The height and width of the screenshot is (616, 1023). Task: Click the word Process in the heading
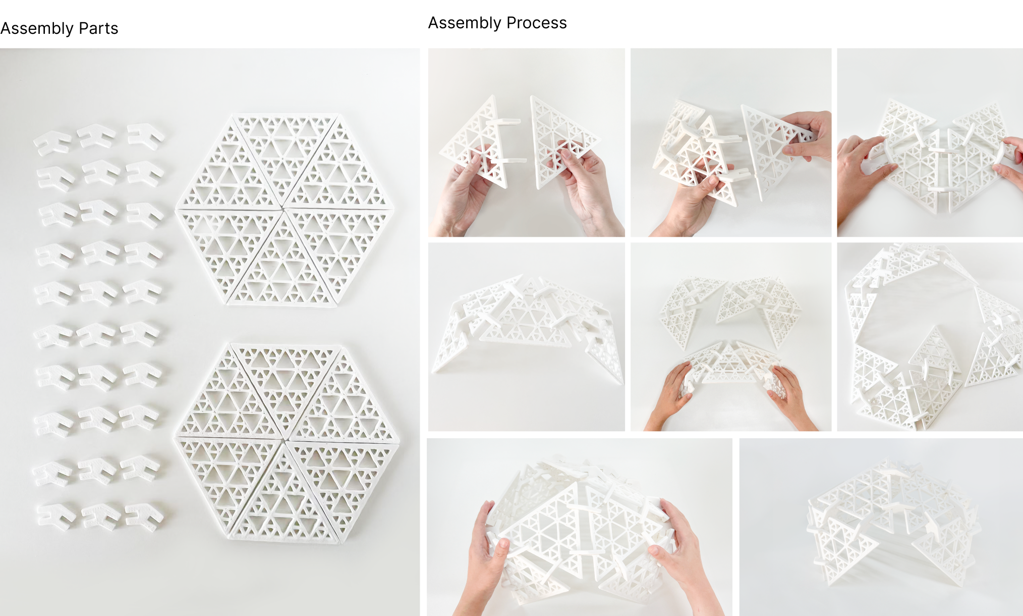click(x=536, y=23)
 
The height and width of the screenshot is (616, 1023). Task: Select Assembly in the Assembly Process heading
click(x=464, y=23)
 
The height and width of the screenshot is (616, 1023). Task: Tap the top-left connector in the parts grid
click(x=52, y=142)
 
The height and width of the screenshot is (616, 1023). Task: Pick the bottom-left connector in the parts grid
click(x=56, y=516)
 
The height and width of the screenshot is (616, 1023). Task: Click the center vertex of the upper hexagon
click(x=283, y=208)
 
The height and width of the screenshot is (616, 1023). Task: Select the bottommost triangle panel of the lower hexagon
click(x=285, y=500)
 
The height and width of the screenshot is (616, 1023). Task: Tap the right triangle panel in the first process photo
click(x=560, y=139)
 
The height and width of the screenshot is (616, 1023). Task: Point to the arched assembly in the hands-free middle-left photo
click(x=527, y=323)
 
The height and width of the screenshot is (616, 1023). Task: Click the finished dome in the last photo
click(x=893, y=525)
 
